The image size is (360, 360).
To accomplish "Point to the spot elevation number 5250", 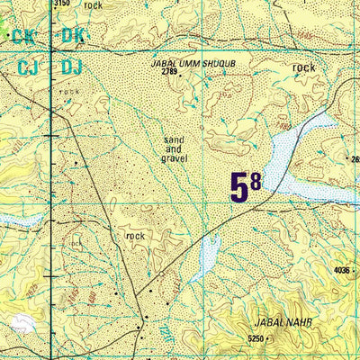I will (258, 338).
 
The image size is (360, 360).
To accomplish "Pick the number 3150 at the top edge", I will (61, 4).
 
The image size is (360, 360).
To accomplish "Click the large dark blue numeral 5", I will (239, 188).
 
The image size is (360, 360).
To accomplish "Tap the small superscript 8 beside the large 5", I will (256, 180).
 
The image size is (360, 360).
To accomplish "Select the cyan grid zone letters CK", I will (22, 37).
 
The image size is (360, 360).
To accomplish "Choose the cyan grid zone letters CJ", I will (28, 67).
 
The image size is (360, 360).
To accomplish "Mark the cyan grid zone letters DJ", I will (72, 67).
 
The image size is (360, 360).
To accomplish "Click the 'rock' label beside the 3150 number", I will (93, 5).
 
